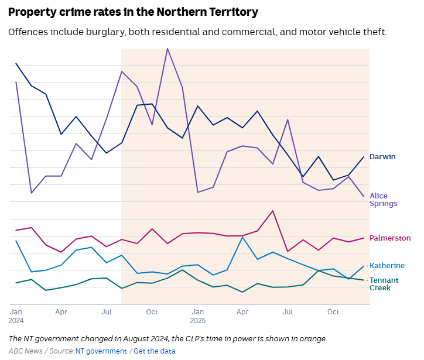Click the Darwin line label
coord(382,157)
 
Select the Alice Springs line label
coord(383,200)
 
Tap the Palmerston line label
coord(390,238)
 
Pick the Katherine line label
coord(387,266)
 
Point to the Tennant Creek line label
coord(384,284)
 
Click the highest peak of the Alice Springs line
coord(167,49)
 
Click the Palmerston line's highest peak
coord(273,211)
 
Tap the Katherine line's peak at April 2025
coord(242,237)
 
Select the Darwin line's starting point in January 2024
coord(16,64)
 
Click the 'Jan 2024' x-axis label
coord(16,316)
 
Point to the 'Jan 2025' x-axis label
coord(197,316)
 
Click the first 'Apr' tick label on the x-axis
coord(61,312)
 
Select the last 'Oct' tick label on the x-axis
coord(333,312)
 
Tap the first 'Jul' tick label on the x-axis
coord(107,312)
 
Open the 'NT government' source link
coord(101,351)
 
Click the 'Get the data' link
coord(155,351)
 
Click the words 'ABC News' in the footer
coord(25,351)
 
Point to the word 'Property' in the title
coord(33,12)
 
